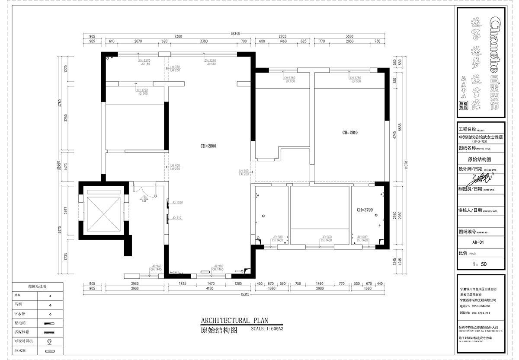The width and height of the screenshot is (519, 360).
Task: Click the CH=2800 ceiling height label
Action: pyautogui.click(x=208, y=146)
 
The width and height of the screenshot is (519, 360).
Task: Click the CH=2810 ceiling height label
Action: pyautogui.click(x=350, y=133)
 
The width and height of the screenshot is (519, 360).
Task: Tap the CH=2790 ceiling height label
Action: pyautogui.click(x=365, y=210)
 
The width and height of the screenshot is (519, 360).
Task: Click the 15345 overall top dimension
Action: pyautogui.click(x=235, y=33)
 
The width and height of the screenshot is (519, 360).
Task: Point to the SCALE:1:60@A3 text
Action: pyautogui.click(x=267, y=328)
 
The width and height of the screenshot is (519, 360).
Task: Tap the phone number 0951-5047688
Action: pyautogui.click(x=482, y=306)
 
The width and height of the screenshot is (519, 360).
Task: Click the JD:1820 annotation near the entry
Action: pyautogui.click(x=178, y=202)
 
